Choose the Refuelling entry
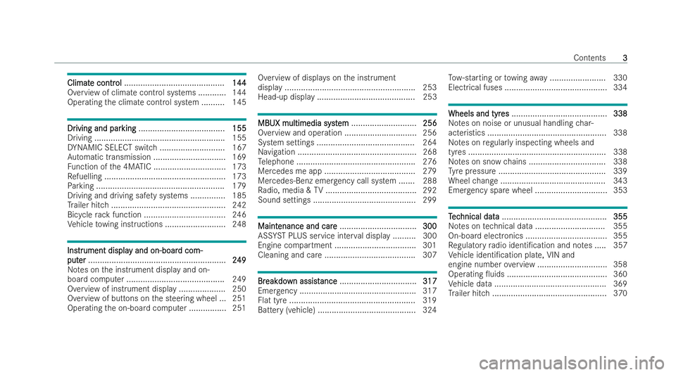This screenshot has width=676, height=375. coord(85,178)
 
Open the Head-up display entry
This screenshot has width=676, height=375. coord(286,96)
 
